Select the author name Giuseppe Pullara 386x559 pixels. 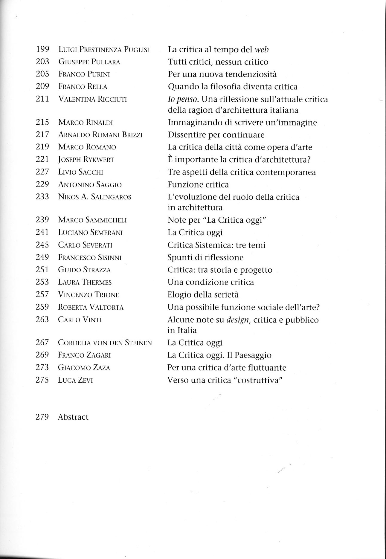89,62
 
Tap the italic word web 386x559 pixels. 262,49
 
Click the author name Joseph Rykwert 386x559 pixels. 86,160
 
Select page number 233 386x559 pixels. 42,197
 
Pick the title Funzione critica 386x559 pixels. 198,184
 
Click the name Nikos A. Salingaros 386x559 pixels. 94,197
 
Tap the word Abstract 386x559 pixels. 73,417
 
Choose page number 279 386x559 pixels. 42,417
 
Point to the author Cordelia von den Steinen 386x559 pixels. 105,343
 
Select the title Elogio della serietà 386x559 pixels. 203,295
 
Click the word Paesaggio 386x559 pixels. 253,355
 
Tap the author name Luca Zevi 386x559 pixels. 75,380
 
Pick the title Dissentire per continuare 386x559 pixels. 216,135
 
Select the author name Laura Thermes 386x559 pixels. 85,282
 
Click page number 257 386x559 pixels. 42,294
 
